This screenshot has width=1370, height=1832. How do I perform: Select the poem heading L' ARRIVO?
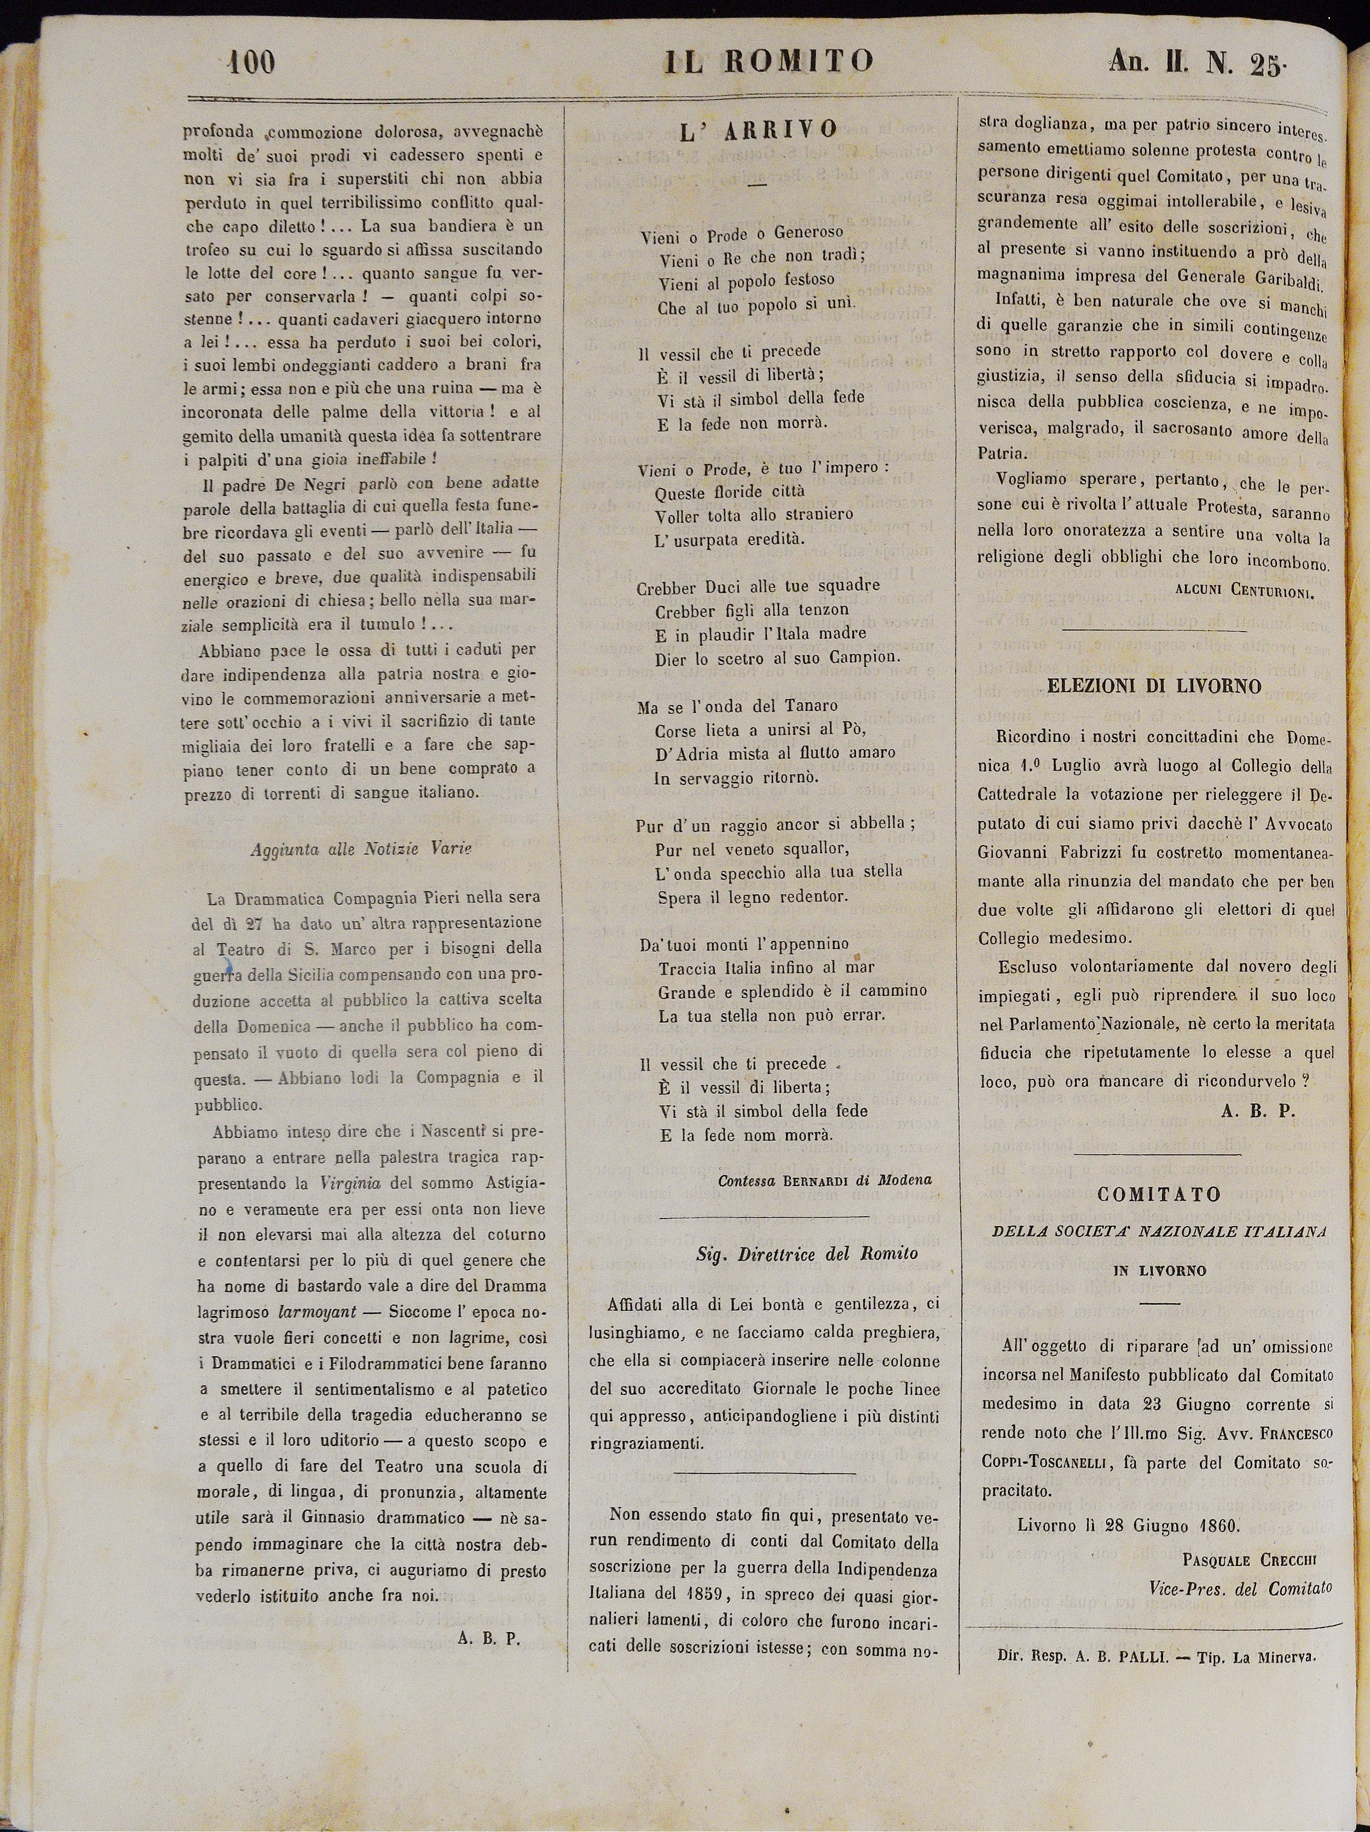pos(759,130)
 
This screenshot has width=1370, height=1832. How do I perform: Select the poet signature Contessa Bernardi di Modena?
pos(825,1180)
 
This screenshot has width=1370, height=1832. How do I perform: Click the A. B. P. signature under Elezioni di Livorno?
pos(1257,1112)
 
